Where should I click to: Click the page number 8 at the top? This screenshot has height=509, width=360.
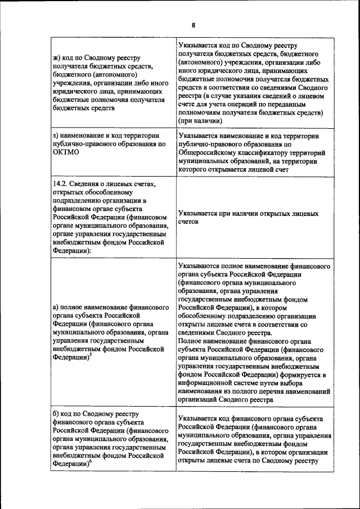pos(193,25)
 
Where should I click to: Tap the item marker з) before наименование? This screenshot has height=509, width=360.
pos(57,136)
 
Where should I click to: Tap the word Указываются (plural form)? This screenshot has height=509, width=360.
pos(200,265)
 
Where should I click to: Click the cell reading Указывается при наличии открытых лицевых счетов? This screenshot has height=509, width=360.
pos(247,218)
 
